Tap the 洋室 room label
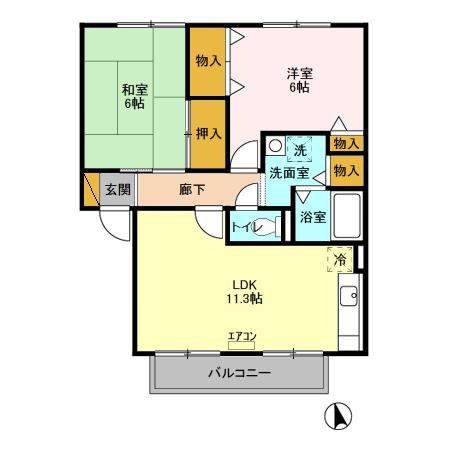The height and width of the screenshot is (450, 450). pos(298,72)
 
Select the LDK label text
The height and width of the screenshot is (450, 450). pos(244,283)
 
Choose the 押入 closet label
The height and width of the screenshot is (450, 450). pos(207,132)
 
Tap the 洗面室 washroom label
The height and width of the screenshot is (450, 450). pos(287,172)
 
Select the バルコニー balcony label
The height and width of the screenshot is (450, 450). pos(239,373)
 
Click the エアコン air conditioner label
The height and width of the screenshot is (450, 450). pos(241,335)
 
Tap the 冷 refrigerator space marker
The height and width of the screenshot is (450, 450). pos(340,260)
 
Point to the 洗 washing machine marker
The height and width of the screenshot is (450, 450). pos(298,150)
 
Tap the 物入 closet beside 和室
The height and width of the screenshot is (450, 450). pos(207,60)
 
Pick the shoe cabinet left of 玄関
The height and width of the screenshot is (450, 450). pos(92,188)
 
